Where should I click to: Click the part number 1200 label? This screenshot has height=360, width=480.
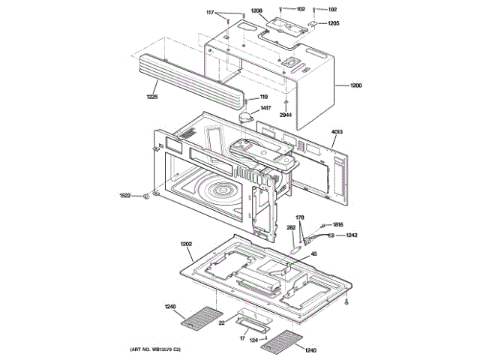[355, 86]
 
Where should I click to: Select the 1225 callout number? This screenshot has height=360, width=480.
[153, 96]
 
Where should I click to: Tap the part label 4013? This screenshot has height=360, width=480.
[337, 133]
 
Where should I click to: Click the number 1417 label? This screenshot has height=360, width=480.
[265, 109]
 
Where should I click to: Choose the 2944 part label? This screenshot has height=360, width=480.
[285, 115]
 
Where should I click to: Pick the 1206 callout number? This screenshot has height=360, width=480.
[256, 11]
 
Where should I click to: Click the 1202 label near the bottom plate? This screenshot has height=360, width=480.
[187, 244]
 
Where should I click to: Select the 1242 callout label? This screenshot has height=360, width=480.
[352, 235]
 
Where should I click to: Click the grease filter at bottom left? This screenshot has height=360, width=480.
[202, 319]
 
